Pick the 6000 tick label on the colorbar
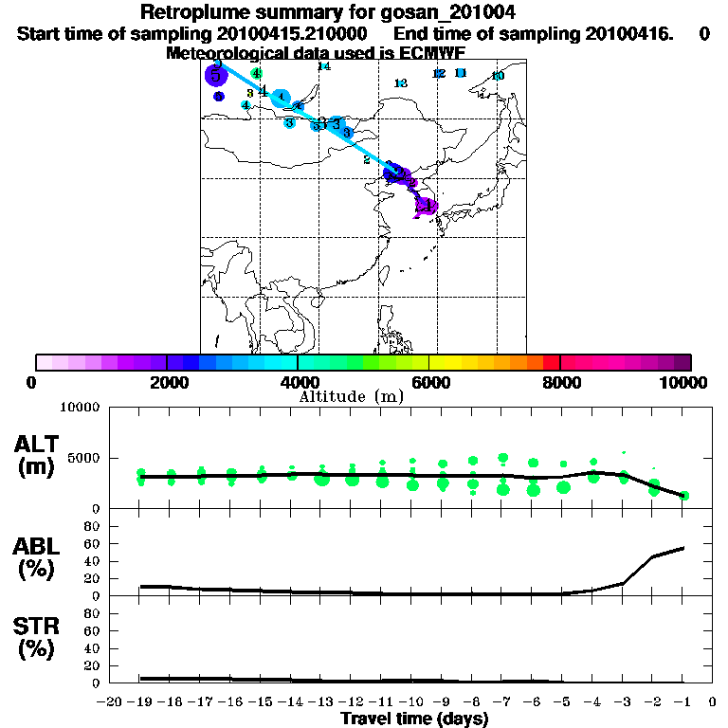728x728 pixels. pos(429,382)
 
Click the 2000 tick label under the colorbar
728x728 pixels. pos(167,382)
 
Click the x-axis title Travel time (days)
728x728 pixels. pos(414,719)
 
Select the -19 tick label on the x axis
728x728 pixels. pos(140,702)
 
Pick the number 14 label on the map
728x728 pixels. pos(323,66)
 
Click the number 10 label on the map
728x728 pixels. pos(499,76)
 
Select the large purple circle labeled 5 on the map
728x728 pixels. pos(216,76)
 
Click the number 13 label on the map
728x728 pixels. pos(400,83)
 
